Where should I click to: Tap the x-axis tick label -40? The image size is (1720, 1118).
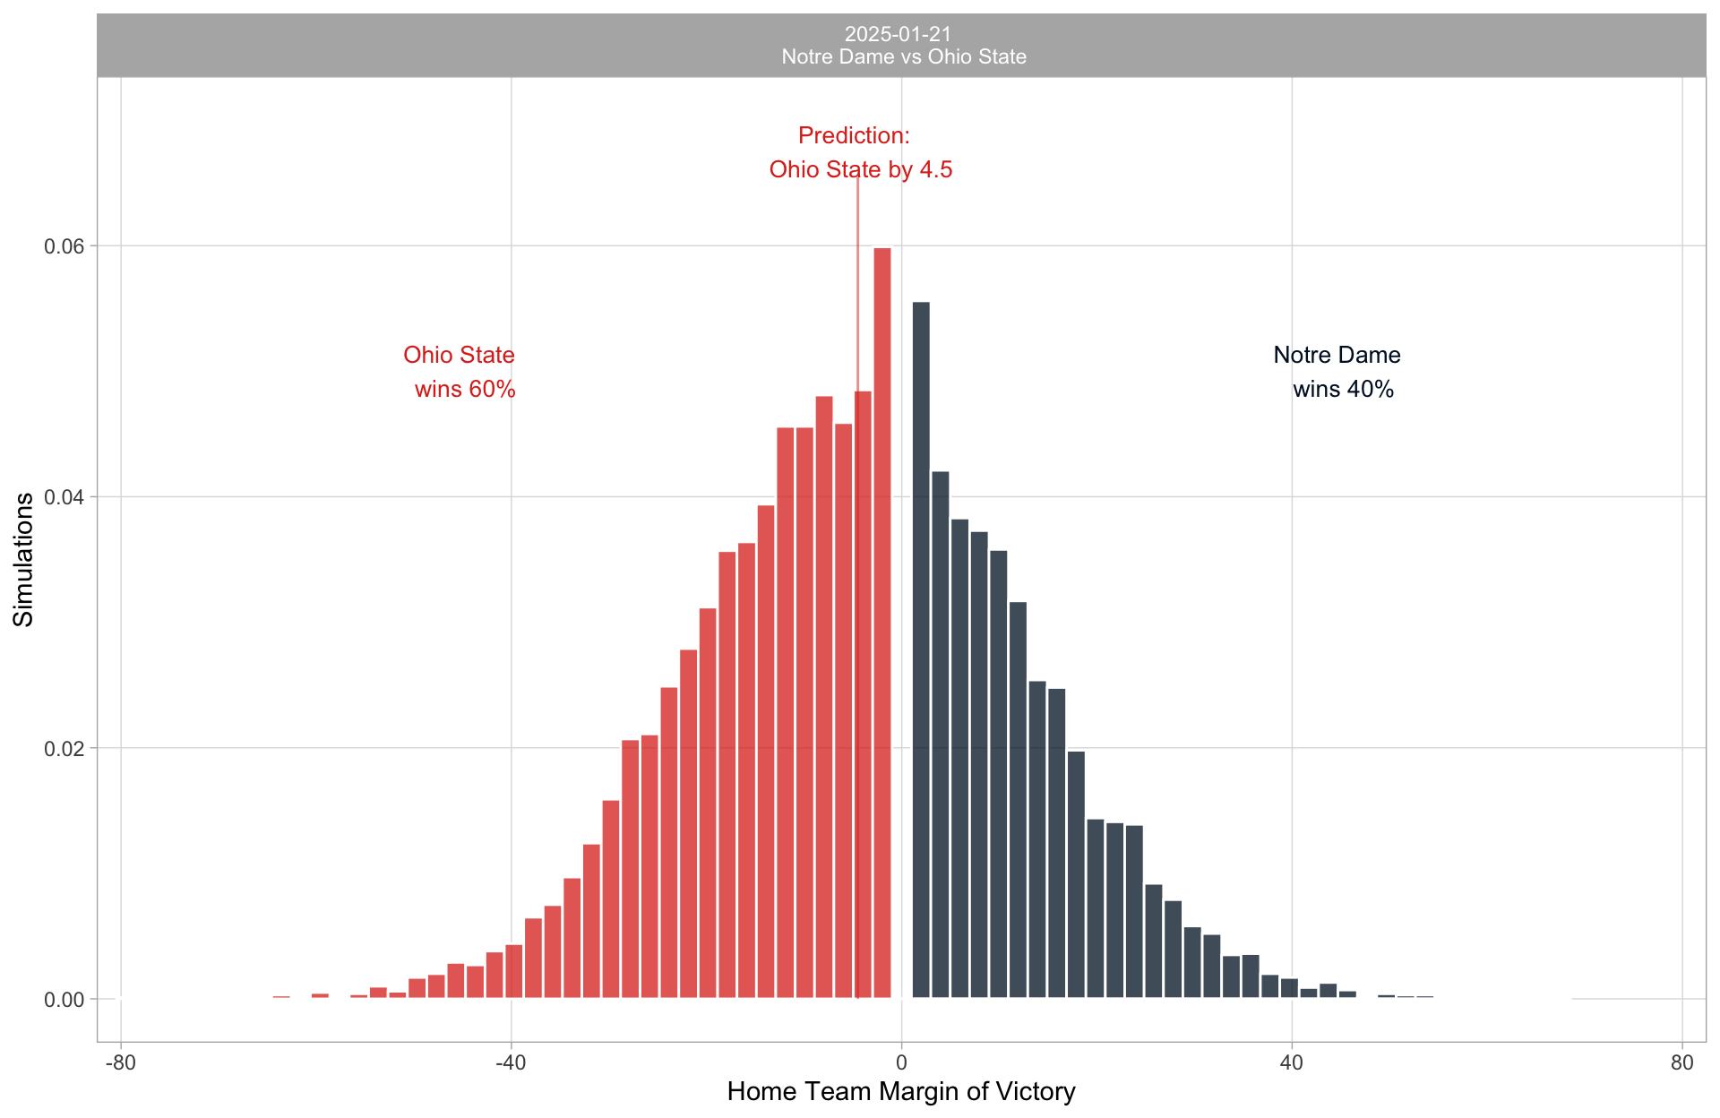pyautogui.click(x=511, y=1062)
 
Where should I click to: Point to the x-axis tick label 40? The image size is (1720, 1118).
pyautogui.click(x=1292, y=1062)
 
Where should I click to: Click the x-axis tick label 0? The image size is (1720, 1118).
pyautogui.click(x=901, y=1062)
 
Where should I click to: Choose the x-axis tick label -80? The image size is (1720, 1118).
pyautogui.click(x=121, y=1062)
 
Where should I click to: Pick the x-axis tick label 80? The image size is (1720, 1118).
pyautogui.click(x=1682, y=1062)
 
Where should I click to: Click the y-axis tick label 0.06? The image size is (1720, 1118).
pyautogui.click(x=64, y=246)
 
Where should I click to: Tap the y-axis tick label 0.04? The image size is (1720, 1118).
pyautogui.click(x=64, y=497)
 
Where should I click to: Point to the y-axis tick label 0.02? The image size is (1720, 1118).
pyautogui.click(x=64, y=748)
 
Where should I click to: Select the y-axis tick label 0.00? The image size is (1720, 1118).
pyautogui.click(x=64, y=1000)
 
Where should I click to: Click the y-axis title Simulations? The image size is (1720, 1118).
pyautogui.click(x=23, y=559)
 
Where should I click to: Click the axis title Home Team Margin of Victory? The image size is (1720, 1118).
pyautogui.click(x=901, y=1091)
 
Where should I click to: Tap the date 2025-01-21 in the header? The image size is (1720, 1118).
pyautogui.click(x=898, y=34)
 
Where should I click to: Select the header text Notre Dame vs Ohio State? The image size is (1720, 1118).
pyautogui.click(x=904, y=57)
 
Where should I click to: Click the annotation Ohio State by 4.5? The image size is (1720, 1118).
pyautogui.click(x=861, y=169)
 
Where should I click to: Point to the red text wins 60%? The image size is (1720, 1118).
pyautogui.click(x=465, y=389)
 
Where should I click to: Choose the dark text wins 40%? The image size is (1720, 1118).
pyautogui.click(x=1343, y=389)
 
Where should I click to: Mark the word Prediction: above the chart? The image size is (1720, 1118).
pyautogui.click(x=854, y=135)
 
